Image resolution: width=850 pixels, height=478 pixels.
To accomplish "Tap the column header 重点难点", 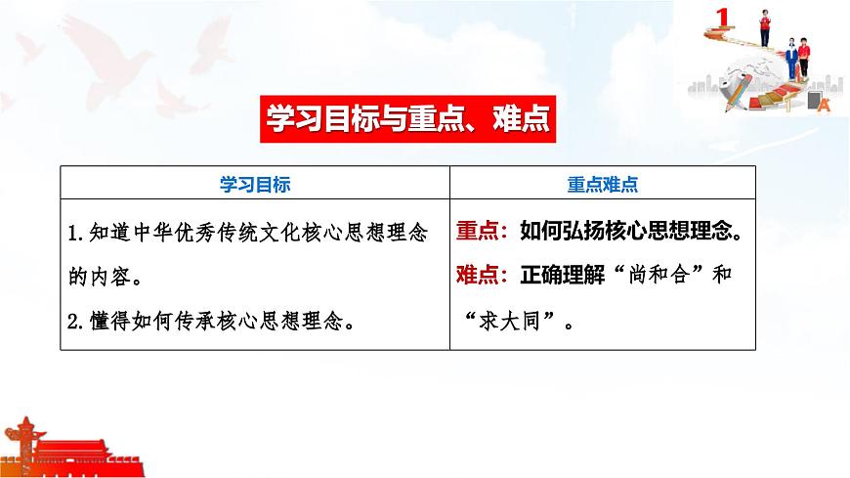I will [x=603, y=183].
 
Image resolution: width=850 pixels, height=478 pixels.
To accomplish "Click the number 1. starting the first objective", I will [x=78, y=235].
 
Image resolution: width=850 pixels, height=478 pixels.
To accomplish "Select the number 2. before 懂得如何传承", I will [x=78, y=320].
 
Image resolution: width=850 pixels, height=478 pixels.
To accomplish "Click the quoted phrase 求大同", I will [x=516, y=320].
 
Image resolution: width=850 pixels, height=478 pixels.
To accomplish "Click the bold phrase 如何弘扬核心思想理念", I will [x=627, y=234].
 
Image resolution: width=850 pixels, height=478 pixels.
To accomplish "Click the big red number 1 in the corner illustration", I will [x=723, y=17].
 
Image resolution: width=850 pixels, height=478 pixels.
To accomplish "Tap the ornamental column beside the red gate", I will [x=21, y=445].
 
